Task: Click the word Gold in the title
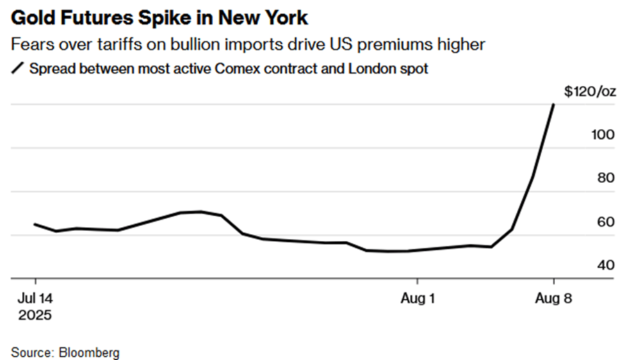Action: coord(33,18)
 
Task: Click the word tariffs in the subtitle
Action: coord(120,44)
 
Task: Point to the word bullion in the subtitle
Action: coord(195,44)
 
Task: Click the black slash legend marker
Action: coord(17,68)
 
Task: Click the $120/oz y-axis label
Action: coord(590,92)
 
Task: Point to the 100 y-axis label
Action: coord(603,135)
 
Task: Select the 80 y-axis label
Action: coord(606,178)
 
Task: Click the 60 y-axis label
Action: coord(606,222)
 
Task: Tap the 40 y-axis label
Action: coord(606,265)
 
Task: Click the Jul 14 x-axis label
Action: coord(35,298)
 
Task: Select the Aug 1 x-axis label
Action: coord(418,298)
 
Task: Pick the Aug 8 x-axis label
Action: coord(554,298)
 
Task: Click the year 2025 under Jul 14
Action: coord(35,316)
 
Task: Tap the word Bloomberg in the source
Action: coord(89,353)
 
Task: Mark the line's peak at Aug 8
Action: coord(553,104)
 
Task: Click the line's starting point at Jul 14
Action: coord(35,224)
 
